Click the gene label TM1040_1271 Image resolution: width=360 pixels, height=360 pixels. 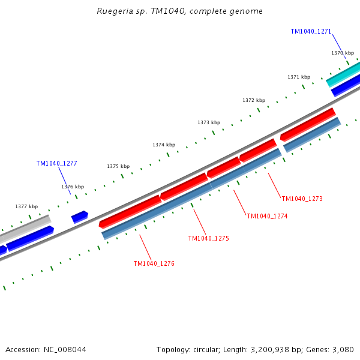(311, 31)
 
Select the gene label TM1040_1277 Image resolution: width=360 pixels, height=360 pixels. (56, 163)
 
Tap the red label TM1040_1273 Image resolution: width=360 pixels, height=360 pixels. (302, 199)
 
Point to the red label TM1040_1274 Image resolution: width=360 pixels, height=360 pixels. (267, 216)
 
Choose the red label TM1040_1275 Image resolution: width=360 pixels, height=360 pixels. (208, 238)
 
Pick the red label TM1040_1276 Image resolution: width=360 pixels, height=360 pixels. (154, 263)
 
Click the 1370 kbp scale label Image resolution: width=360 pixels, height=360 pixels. (343, 53)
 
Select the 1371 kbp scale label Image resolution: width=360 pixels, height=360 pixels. (299, 77)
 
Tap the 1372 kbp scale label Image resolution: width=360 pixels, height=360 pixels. (254, 100)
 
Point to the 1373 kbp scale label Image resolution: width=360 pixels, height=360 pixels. (209, 122)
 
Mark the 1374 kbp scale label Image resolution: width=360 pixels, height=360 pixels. (164, 145)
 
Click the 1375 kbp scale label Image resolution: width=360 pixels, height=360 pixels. (118, 166)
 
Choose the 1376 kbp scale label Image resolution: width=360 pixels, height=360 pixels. (73, 187)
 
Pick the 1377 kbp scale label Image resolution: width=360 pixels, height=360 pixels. (26, 206)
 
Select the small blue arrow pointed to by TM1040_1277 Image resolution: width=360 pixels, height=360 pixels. (80, 217)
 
